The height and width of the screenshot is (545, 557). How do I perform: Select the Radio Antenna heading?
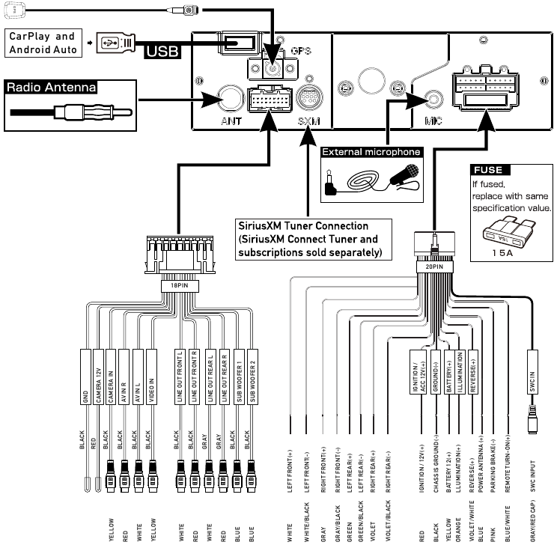pos(52,86)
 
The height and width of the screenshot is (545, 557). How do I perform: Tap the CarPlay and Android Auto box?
pos(42,43)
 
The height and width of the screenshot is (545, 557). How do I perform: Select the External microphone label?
pos(371,152)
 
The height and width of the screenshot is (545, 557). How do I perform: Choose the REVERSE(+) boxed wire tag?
pos(472,371)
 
